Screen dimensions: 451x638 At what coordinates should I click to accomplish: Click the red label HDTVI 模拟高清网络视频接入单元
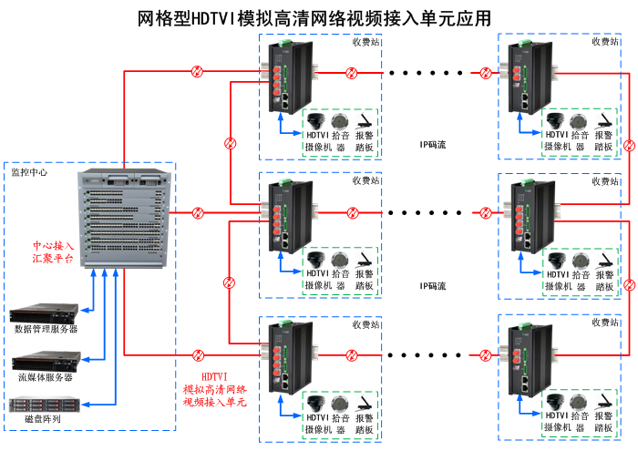(x=214, y=389)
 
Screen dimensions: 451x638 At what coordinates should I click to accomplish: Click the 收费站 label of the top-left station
(x=365, y=41)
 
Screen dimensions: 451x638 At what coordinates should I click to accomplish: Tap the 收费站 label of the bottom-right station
(x=605, y=323)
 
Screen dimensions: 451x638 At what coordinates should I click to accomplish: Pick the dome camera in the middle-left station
(x=316, y=259)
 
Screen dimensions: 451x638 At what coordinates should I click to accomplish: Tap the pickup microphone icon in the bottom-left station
(x=340, y=402)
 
